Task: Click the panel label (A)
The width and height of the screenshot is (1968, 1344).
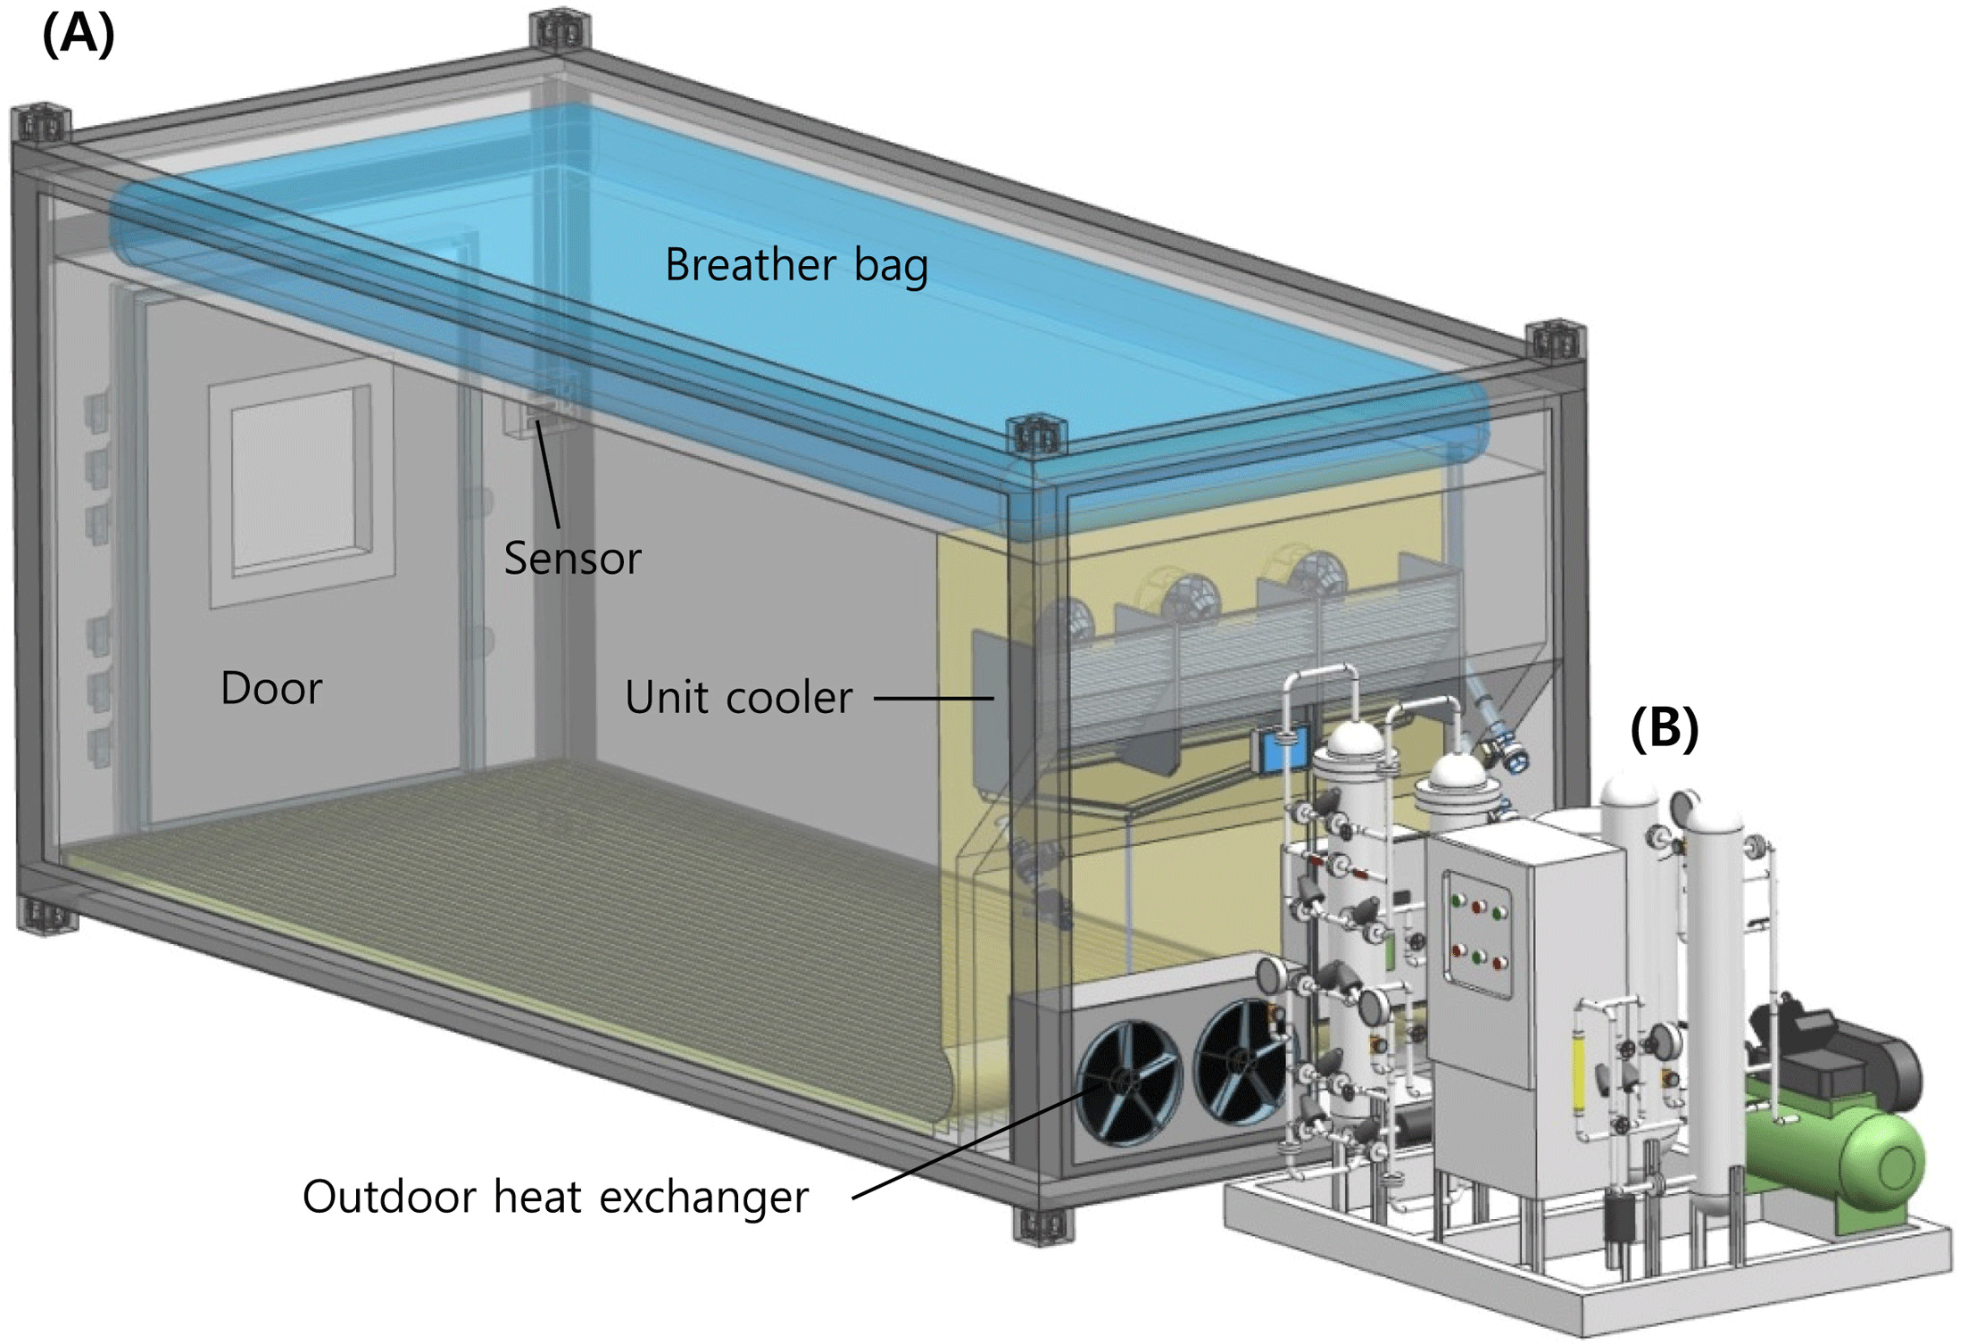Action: [x=79, y=36]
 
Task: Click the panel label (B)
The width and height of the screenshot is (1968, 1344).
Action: [x=1664, y=727]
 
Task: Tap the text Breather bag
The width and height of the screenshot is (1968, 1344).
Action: [x=796, y=265]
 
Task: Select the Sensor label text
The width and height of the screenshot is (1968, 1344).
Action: [x=572, y=559]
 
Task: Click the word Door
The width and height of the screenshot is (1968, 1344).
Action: [x=271, y=689]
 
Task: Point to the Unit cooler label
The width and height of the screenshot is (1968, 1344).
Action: [x=738, y=697]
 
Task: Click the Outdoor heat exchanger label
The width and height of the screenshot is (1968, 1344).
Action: [x=555, y=1197]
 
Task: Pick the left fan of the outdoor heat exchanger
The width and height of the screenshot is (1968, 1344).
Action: [x=1128, y=1081]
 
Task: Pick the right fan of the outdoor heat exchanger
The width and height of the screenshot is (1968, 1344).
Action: [x=1241, y=1062]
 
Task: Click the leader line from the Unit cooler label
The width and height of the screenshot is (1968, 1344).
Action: [x=933, y=698]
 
